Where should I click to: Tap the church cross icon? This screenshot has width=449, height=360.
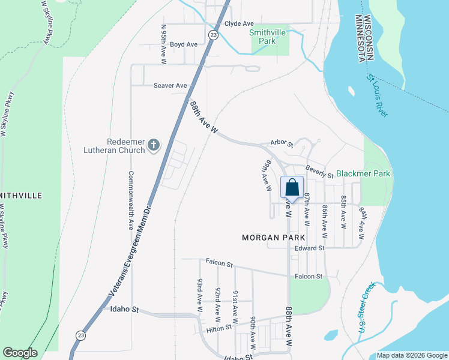(x=154, y=145)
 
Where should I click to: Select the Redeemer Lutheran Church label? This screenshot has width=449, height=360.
(x=126, y=145)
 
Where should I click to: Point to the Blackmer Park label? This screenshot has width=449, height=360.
(x=363, y=173)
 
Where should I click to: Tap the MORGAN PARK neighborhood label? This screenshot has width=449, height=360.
(x=270, y=238)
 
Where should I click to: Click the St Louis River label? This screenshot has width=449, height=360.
(x=378, y=96)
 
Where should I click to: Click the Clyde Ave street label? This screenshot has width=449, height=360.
(x=239, y=23)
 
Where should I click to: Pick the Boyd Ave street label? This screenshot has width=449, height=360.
(x=183, y=44)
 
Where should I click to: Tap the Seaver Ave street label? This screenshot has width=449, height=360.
(x=170, y=85)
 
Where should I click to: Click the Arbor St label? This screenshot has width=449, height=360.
(x=282, y=144)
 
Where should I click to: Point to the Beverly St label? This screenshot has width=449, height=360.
(x=319, y=172)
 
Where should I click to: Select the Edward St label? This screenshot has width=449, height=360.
(x=309, y=248)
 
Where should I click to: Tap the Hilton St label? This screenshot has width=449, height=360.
(x=220, y=328)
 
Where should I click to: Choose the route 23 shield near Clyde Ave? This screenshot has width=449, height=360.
(x=213, y=35)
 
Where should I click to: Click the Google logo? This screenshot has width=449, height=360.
(x=20, y=353)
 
